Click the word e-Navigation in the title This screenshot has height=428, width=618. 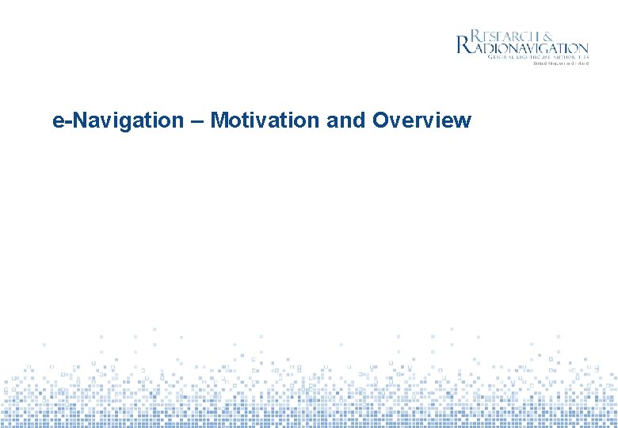(117, 120)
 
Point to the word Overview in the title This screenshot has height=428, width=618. (422, 120)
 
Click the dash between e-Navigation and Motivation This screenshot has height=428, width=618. (196, 121)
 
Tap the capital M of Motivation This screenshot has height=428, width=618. (219, 120)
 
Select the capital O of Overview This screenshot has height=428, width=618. (380, 120)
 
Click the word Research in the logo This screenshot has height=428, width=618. (508, 36)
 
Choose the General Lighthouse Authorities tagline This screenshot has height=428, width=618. (538, 58)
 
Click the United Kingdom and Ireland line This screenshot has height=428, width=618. (560, 64)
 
